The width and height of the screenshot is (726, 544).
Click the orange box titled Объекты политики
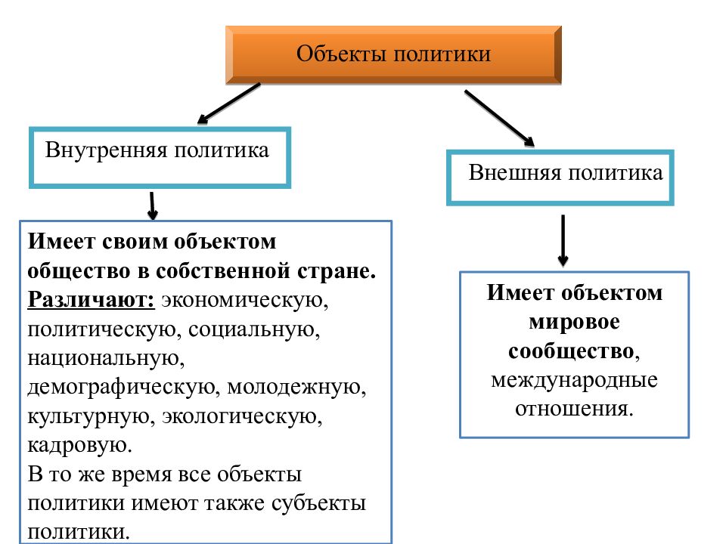pyautogui.click(x=393, y=54)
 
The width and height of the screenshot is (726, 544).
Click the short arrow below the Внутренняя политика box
pyautogui.click(x=152, y=205)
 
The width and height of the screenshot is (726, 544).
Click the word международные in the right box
pyautogui.click(x=574, y=379)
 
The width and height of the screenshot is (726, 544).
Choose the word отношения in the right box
pyautogui.click(x=572, y=409)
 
